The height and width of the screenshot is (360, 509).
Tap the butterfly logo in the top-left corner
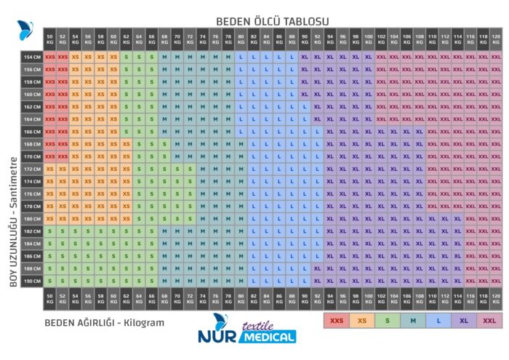click(x=25, y=31)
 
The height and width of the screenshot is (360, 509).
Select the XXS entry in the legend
click(x=336, y=319)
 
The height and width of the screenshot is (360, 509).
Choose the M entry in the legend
click(x=412, y=319)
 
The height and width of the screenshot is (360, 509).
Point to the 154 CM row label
click(x=32, y=56)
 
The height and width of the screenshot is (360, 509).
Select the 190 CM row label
click(x=32, y=281)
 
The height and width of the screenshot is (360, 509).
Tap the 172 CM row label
click(x=32, y=169)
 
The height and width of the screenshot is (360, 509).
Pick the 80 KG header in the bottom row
click(x=241, y=297)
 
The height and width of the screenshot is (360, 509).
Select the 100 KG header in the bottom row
click(x=368, y=297)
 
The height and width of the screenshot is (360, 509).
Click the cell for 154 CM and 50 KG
click(x=49, y=56)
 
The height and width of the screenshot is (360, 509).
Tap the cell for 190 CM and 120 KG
click(x=495, y=281)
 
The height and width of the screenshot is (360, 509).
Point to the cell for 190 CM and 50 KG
click(x=49, y=281)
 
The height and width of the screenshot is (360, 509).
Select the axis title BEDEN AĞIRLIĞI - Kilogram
click(x=104, y=322)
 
